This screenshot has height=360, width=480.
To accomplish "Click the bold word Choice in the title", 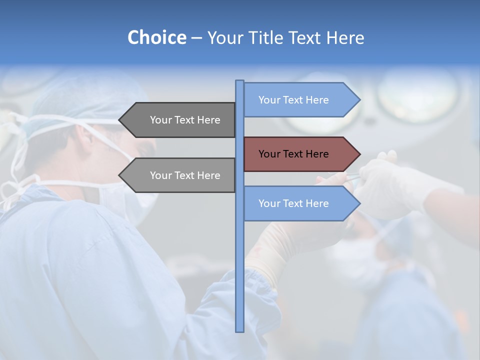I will [156, 37].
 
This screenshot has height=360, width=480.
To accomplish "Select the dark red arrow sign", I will [300, 154].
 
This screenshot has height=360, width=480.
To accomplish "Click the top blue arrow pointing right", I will [300, 99].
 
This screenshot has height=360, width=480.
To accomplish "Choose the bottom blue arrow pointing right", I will [300, 203].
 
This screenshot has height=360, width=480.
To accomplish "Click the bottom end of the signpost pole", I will [239, 330].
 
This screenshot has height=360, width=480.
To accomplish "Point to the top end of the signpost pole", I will [239, 81].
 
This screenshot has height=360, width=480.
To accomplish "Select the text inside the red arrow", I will [293, 154].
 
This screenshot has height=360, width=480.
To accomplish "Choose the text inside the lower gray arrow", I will [185, 175].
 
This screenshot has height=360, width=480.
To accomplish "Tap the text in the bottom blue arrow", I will [293, 203].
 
